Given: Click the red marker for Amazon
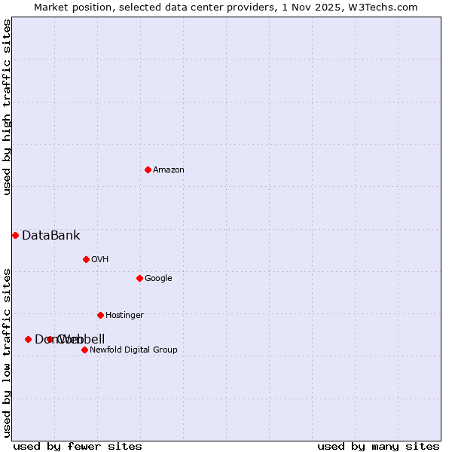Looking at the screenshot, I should [x=148, y=169].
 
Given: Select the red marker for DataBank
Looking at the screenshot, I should [x=15, y=235].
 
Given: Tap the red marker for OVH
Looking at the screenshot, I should [x=86, y=259].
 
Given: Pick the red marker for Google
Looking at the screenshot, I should [x=139, y=278].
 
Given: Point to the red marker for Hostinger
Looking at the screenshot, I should [x=100, y=315].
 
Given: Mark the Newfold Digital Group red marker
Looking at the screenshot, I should [x=84, y=350].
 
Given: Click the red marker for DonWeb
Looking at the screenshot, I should [x=28, y=339].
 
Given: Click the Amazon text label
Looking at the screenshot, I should [x=169, y=170].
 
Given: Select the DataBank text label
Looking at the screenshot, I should [x=50, y=236].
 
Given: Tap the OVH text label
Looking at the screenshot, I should [x=100, y=260].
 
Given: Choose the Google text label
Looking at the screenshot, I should [x=158, y=279].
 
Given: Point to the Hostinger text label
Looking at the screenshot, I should [x=124, y=316].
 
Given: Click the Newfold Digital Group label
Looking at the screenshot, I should [x=133, y=350].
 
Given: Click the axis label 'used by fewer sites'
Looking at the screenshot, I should [x=78, y=446].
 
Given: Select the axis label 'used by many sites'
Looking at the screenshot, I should [x=378, y=446].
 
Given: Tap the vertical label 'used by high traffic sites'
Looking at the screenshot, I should [x=7, y=107].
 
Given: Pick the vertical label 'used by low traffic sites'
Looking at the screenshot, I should [x=7, y=353].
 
